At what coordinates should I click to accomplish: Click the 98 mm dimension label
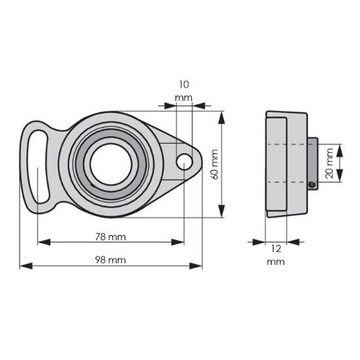coord(110,259)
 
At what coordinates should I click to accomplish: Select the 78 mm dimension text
coord(110,236)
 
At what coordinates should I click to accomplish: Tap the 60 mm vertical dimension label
coord(213,164)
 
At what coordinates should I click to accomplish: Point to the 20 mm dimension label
coord(331,163)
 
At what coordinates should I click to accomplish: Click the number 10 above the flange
coord(183,84)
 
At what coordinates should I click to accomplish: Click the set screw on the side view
coord(313,185)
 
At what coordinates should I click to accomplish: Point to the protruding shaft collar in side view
coord(312,164)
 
